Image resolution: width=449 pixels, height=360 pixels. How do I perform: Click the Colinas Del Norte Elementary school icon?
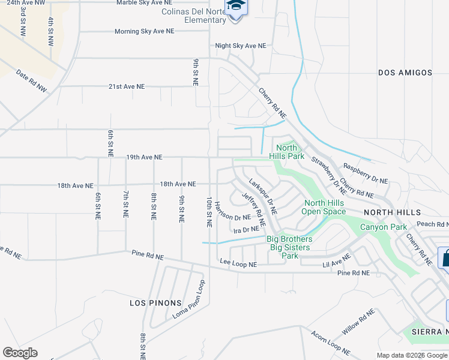[235, 7]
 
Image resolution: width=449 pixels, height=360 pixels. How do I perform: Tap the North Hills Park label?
[286, 152]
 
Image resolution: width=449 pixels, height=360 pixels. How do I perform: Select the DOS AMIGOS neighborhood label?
[405, 73]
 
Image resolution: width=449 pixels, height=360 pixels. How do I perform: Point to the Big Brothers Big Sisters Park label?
[290, 247]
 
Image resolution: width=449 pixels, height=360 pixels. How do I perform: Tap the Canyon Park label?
[383, 227]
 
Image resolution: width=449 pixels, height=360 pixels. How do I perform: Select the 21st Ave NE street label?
[127, 86]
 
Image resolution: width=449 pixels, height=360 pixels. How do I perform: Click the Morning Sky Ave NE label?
[144, 31]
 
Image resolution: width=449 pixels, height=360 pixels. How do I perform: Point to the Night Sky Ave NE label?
[240, 46]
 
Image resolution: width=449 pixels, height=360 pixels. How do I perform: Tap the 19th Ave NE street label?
[144, 157]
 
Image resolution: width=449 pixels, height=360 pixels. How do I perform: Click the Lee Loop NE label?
[238, 263]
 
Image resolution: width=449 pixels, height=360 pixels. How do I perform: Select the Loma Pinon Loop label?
[189, 299]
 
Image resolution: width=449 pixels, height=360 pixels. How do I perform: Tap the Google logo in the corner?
[20, 353]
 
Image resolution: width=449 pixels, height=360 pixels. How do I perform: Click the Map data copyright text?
[412, 355]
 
